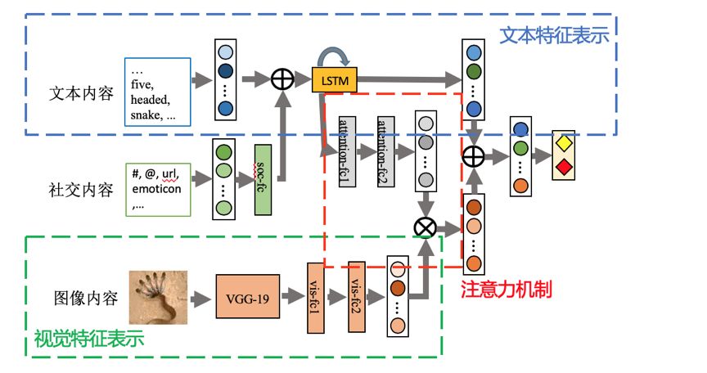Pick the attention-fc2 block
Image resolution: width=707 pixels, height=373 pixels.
click(x=386, y=147)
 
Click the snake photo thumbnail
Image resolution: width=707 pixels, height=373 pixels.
click(x=158, y=298)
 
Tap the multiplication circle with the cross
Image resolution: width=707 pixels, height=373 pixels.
click(x=426, y=227)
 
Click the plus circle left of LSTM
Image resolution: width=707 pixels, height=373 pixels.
click(x=282, y=79)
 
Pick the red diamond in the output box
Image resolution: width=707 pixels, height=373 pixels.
click(x=563, y=167)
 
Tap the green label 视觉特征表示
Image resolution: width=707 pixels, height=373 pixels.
click(x=88, y=337)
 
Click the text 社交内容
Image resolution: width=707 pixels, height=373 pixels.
click(x=81, y=191)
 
